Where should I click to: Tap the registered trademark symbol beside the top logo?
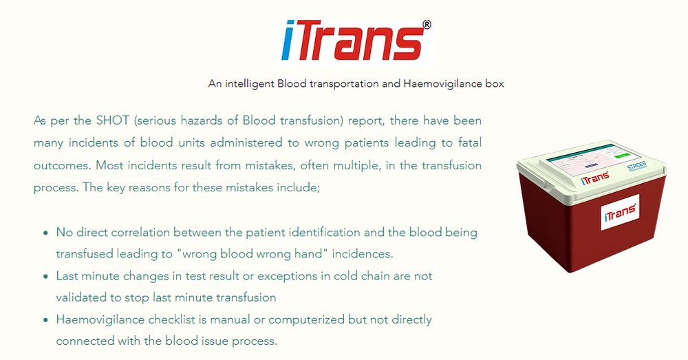point(427,25)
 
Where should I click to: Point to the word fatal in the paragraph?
point(468,143)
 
